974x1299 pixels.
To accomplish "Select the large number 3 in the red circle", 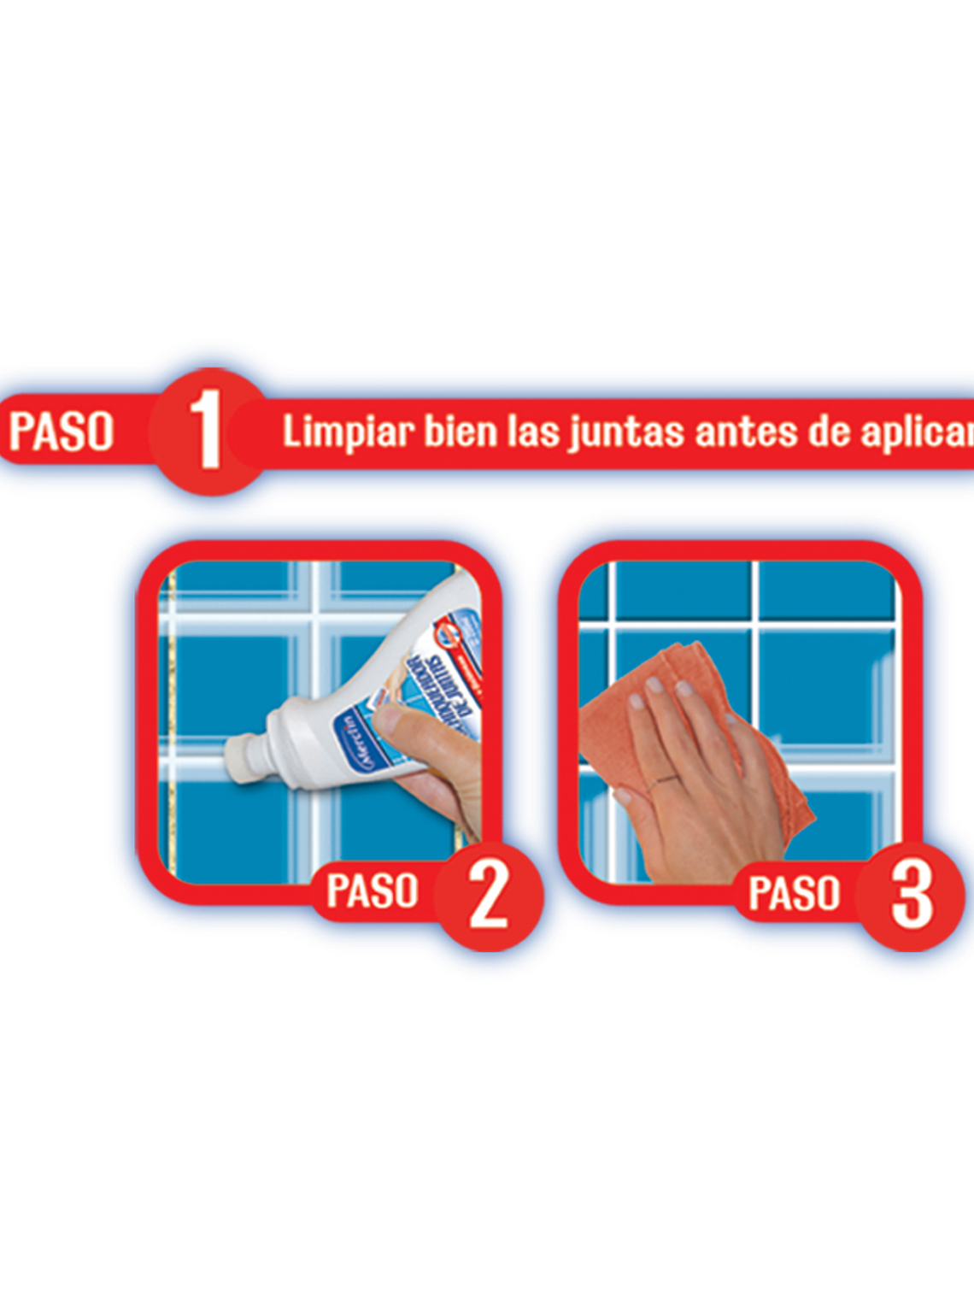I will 911,894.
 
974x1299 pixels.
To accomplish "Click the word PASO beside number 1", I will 62,431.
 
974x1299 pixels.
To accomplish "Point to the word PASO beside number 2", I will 373,891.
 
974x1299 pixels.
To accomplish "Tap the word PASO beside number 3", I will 795,893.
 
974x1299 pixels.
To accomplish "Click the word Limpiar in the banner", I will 348,432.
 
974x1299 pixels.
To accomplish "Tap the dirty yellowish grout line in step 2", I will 170,726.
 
